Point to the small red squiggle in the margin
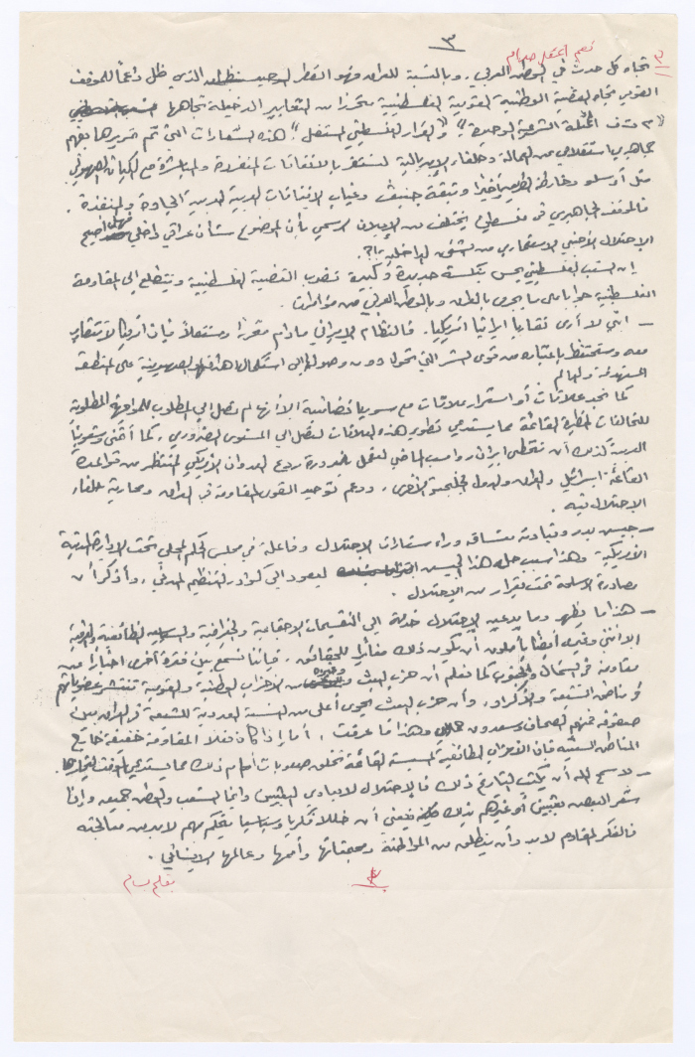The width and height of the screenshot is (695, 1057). tap(657, 68)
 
